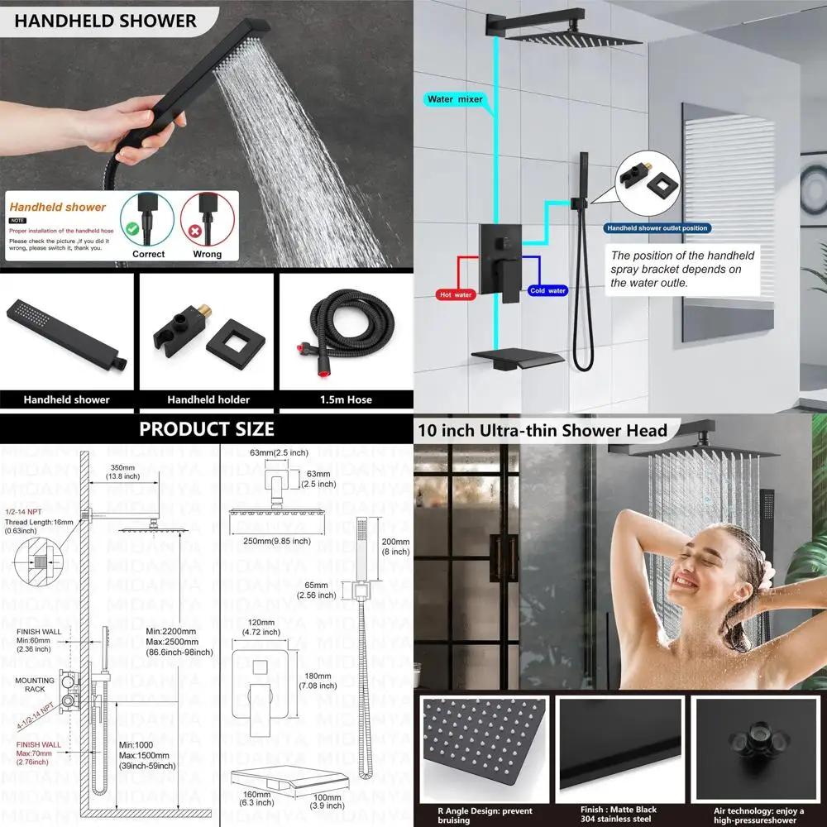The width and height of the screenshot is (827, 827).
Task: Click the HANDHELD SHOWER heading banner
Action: coord(105,22)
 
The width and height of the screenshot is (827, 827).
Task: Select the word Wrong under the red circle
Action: coord(207,254)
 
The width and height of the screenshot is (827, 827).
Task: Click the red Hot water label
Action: coord(456,294)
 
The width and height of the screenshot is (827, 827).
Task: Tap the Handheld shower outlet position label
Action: coord(657,228)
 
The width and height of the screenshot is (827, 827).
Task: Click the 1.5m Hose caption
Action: coord(345,399)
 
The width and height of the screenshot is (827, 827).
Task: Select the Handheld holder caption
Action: coord(208,399)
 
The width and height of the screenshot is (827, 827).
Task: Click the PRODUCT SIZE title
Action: coord(207,428)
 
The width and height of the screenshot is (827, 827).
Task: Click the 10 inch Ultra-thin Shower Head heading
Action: coord(543,430)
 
